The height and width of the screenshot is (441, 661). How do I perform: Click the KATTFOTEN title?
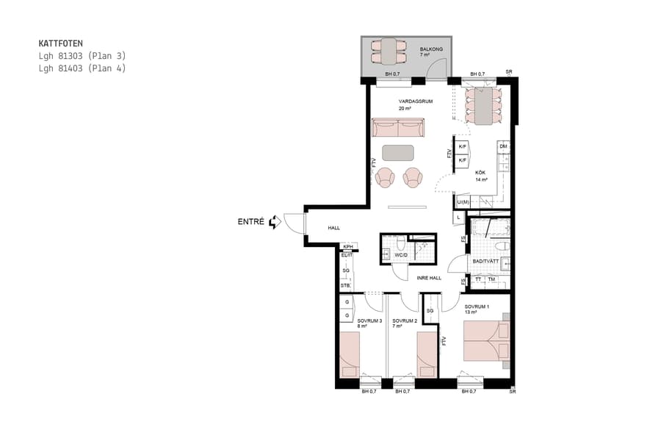tap(60, 43)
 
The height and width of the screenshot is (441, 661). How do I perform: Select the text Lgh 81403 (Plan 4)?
tap(82, 68)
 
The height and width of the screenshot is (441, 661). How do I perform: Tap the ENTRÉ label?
tap(251, 221)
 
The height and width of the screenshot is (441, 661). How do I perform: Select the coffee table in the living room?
tap(398, 153)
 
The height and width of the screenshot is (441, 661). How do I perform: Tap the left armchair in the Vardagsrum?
tap(386, 177)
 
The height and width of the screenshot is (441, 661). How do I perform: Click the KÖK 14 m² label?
tap(481, 176)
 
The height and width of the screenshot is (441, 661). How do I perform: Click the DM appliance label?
tap(503, 147)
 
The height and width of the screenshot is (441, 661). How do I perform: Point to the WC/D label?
tap(401, 256)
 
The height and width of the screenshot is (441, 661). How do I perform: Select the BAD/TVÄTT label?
tap(485, 261)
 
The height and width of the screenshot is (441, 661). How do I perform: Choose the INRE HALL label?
tap(429, 278)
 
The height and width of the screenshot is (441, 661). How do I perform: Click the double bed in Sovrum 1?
tap(484, 342)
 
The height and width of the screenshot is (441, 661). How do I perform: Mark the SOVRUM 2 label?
tap(405, 321)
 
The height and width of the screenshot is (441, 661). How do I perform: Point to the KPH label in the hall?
tap(348, 246)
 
